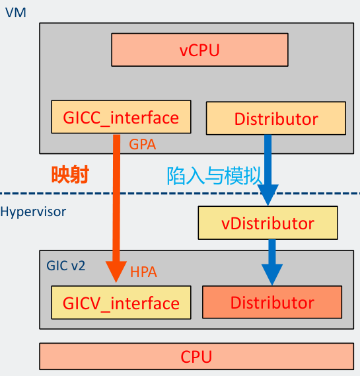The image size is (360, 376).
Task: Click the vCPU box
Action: [x=199, y=50]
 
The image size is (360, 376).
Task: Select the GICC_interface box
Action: [x=121, y=118]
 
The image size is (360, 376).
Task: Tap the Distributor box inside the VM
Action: [x=276, y=119]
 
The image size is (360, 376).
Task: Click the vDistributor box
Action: [x=268, y=223]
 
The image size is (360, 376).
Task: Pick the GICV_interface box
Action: [x=121, y=303]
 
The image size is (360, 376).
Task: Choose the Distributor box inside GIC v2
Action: [x=272, y=303]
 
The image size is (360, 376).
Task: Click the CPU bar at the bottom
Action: [x=197, y=357]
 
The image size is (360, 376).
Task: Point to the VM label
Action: [x=15, y=12]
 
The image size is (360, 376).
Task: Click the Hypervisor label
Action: [x=33, y=212]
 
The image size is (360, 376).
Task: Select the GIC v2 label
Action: [x=65, y=266]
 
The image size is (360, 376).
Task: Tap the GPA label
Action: [x=143, y=143]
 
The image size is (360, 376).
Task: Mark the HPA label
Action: [x=143, y=272]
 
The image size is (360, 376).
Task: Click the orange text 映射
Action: [x=70, y=174]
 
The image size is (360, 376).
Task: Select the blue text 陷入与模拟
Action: [x=213, y=175]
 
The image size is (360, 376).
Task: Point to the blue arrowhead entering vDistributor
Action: [x=268, y=196]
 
